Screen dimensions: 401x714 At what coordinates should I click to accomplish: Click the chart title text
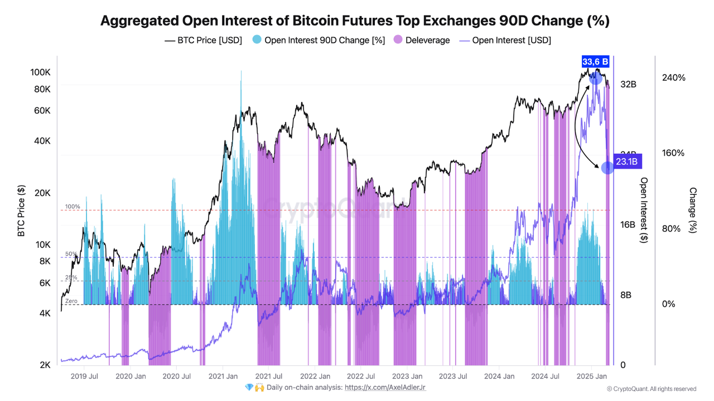point(355,21)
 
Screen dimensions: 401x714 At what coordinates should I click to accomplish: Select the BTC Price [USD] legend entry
point(204,40)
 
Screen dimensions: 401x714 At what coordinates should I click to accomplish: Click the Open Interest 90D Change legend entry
point(319,40)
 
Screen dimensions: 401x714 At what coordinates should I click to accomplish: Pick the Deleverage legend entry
point(422,40)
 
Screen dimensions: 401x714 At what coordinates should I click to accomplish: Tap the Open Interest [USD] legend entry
point(505,40)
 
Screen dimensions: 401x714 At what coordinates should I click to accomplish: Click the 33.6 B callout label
point(595,61)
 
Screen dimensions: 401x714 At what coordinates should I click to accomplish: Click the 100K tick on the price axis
point(41,72)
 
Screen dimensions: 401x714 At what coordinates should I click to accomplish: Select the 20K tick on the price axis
point(42,193)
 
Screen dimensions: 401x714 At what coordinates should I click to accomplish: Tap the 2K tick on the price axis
point(44,365)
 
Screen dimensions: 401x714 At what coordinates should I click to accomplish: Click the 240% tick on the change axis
point(673,77)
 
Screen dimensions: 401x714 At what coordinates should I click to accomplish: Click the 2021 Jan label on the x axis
point(223,376)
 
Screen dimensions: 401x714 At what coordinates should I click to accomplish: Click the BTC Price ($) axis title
point(21,211)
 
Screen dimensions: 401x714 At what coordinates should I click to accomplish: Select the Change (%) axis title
point(693,210)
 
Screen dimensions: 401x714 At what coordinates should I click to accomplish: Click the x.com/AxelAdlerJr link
point(385,387)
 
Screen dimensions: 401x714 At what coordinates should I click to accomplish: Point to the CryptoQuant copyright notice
point(651,389)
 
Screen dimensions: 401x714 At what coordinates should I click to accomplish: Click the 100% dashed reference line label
point(73,207)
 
